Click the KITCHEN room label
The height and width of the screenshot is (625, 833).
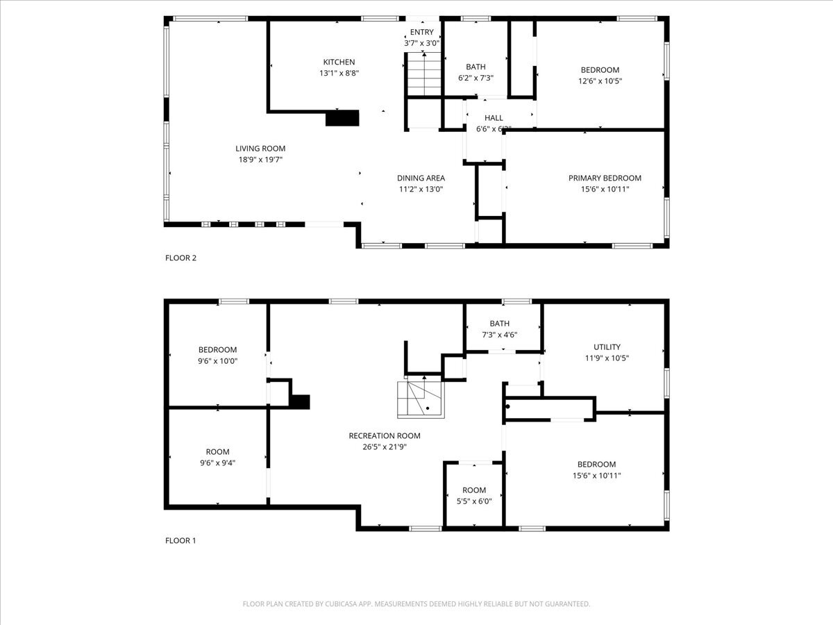tap(339, 62)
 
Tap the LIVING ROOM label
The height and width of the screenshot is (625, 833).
tap(260, 149)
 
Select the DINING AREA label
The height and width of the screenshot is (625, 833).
tap(421, 178)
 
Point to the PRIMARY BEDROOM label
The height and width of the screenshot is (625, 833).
tap(605, 178)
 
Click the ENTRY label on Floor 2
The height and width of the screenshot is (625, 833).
tap(421, 33)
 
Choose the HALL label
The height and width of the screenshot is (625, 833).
tap(494, 118)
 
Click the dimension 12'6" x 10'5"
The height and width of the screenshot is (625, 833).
tap(600, 81)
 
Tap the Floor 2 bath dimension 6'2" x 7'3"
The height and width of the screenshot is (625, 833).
tap(476, 78)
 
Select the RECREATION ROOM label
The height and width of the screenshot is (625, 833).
tap(385, 436)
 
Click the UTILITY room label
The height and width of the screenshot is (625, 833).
tap(607, 347)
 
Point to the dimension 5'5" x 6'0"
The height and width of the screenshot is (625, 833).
tap(474, 501)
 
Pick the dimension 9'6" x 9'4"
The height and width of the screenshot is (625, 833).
tap(217, 462)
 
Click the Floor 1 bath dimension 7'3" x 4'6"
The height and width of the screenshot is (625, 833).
tap(499, 335)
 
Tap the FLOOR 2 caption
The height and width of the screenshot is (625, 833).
tap(180, 258)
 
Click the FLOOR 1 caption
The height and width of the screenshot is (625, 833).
tap(180, 540)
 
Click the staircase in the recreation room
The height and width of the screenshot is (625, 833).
tap(419, 400)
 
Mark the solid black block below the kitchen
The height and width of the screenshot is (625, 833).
tap(342, 118)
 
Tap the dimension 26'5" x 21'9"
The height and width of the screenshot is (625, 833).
tap(385, 447)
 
